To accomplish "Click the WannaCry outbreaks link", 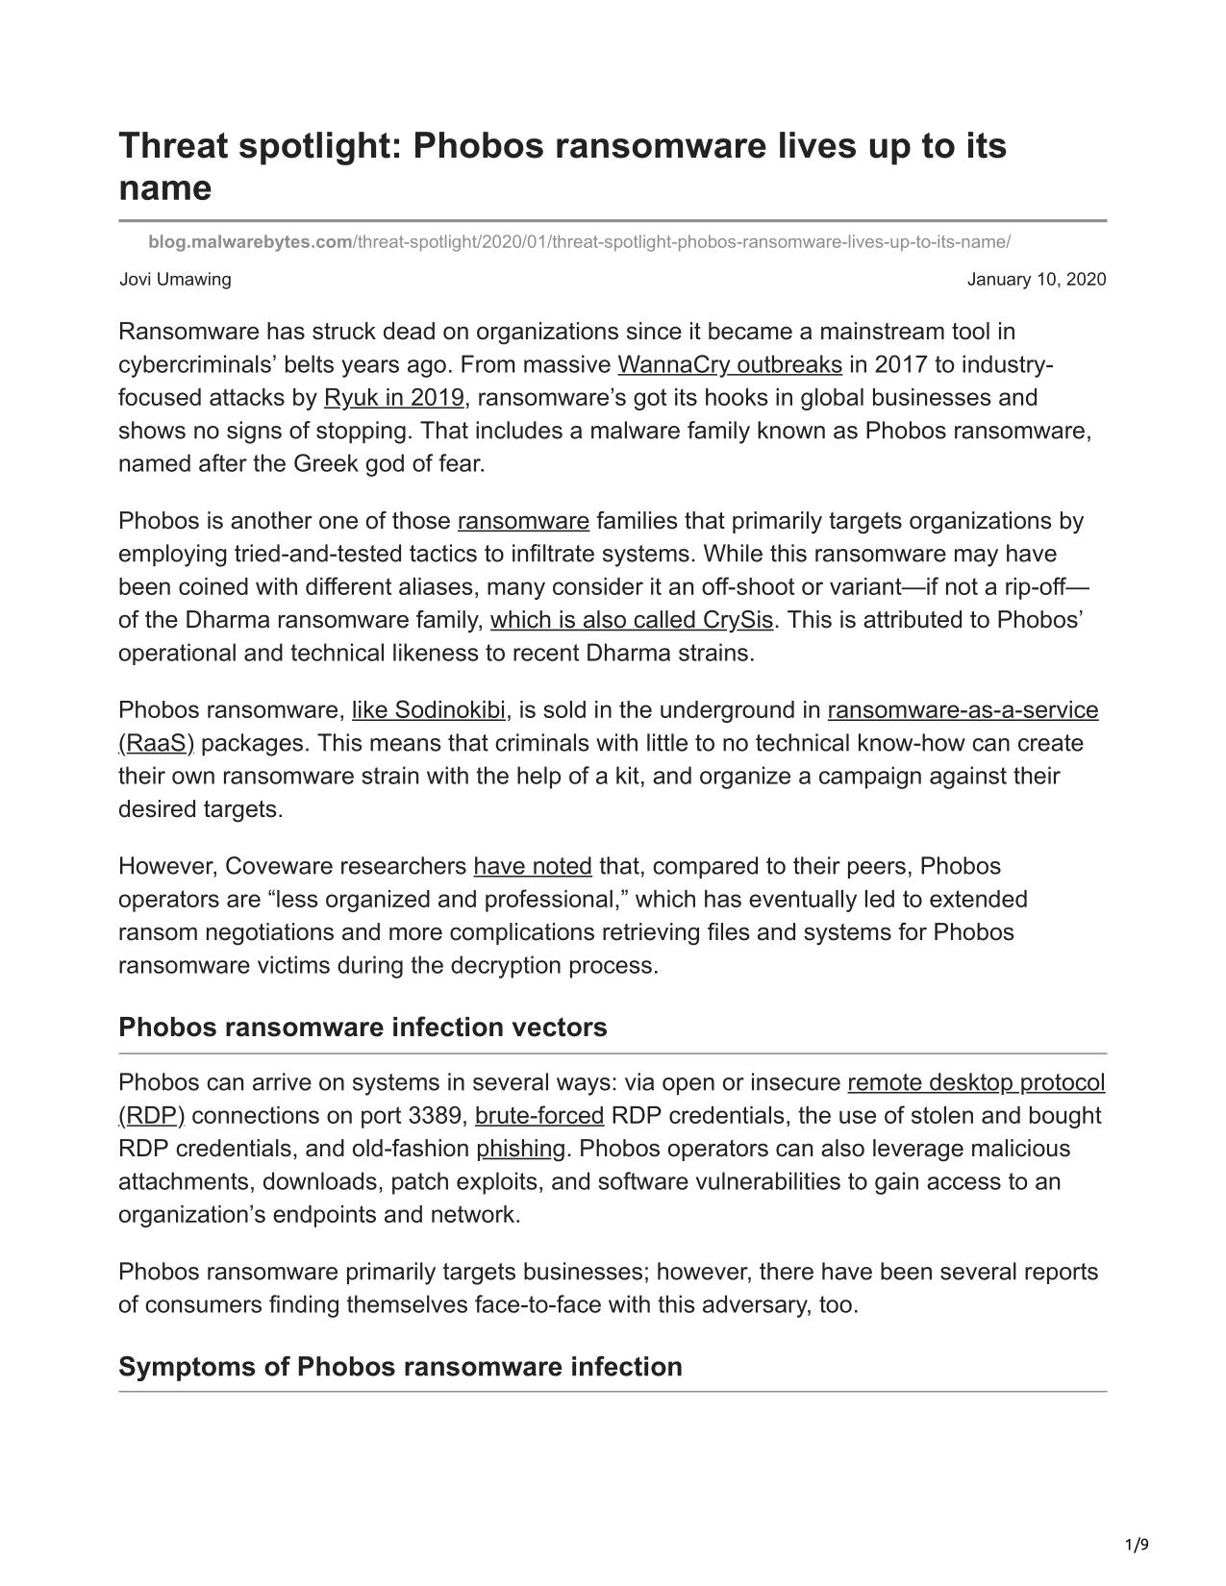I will (x=729, y=365).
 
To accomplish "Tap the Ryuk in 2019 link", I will (x=393, y=398).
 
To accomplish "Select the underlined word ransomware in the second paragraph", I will (x=523, y=521).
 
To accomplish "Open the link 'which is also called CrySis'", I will (x=632, y=620).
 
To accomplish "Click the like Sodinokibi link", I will (x=428, y=710).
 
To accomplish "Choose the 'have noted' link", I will (x=533, y=866).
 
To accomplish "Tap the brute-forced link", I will (x=538, y=1116).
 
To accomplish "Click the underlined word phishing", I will (x=520, y=1149).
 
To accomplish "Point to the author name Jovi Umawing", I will (x=175, y=280).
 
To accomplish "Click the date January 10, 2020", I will (x=1036, y=280).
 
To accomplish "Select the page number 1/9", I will (x=1137, y=1546).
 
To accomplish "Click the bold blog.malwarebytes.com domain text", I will (x=250, y=242).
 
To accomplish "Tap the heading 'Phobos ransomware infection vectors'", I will (x=363, y=1028).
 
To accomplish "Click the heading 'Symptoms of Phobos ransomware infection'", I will (x=400, y=1367).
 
